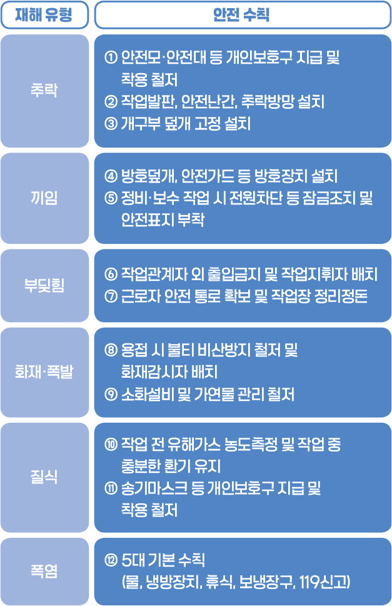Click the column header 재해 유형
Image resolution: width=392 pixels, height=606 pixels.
click(x=44, y=14)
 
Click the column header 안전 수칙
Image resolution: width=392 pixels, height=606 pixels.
click(x=241, y=14)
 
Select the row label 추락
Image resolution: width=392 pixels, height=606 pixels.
click(x=44, y=91)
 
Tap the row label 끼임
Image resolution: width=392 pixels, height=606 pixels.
click(x=44, y=198)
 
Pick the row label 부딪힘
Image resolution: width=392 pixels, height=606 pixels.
click(x=44, y=286)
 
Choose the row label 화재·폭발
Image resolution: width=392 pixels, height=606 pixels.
click(x=44, y=373)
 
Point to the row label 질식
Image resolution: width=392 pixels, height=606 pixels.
click(x=44, y=477)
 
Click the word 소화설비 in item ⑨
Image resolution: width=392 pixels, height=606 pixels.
click(x=148, y=395)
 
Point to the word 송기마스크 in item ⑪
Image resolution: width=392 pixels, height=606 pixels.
click(x=154, y=488)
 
